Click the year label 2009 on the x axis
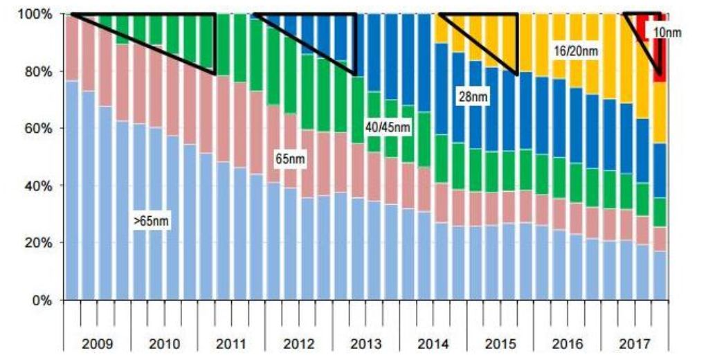[97, 343]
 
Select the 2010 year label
[164, 343]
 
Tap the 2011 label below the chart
[231, 343]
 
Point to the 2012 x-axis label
[298, 343]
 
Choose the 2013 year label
[365, 343]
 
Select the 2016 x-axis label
[567, 343]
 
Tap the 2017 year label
[634, 343]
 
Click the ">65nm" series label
[152, 222]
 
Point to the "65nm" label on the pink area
[290, 159]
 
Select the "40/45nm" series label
[387, 128]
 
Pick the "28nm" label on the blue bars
[473, 97]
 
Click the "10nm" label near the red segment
[667, 32]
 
